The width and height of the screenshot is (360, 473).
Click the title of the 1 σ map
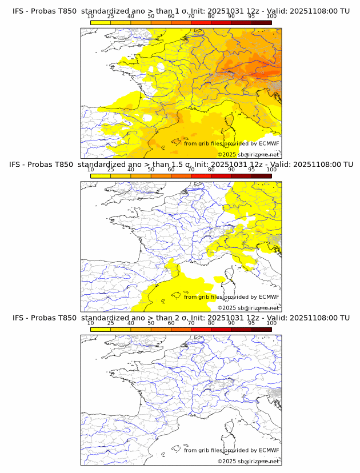[181, 11]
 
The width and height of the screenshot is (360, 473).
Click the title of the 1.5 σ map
[181, 165]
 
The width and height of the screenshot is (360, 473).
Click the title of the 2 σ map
[181, 318]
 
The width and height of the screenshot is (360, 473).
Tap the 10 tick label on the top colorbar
[91, 17]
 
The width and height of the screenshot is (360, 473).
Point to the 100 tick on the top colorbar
[271, 17]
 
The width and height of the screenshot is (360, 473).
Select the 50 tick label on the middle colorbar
[151, 170]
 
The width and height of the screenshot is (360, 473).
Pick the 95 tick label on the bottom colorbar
[251, 323]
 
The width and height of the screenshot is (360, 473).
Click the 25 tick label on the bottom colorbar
[111, 323]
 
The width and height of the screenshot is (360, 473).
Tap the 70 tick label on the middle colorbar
[191, 170]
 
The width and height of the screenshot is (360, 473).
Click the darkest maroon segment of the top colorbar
[261, 22]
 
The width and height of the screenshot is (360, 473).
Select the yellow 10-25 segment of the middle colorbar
[101, 175]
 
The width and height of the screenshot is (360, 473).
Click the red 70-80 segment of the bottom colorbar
[201, 329]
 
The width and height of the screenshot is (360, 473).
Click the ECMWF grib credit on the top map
[231, 143]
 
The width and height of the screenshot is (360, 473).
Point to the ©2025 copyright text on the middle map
[249, 308]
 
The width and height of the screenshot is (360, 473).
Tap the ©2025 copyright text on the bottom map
[249, 461]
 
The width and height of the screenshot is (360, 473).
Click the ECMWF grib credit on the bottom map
[231, 450]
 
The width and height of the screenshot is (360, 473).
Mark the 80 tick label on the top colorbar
[211, 17]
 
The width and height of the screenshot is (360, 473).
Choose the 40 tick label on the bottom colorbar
[131, 323]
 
